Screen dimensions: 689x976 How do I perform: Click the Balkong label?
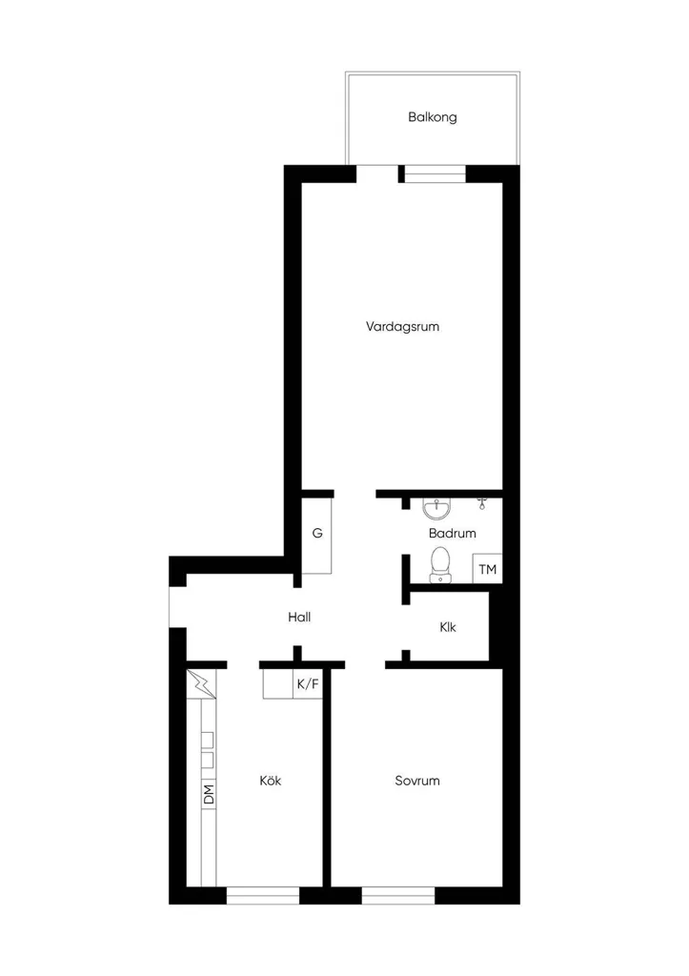[432, 117]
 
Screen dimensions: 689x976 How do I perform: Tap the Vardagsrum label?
[403, 326]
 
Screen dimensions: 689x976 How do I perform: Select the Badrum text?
[453, 533]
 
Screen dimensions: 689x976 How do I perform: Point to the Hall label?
[299, 617]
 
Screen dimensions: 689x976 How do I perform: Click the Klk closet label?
[448, 627]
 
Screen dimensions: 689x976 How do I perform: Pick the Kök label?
[271, 780]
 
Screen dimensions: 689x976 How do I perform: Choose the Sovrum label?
[417, 781]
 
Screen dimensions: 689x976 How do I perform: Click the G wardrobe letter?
[317, 533]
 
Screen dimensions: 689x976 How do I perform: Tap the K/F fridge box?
[308, 684]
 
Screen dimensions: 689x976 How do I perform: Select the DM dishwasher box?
[209, 794]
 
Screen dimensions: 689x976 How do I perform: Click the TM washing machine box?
[487, 569]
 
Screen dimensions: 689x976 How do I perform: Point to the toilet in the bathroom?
[440, 564]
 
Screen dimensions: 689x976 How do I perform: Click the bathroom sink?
[436, 509]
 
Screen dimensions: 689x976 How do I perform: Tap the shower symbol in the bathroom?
[482, 503]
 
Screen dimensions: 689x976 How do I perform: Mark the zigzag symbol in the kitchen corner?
[202, 684]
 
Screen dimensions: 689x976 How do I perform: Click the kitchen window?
[263, 895]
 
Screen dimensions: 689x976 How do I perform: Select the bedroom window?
[398, 895]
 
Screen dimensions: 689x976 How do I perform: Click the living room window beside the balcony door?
[436, 173]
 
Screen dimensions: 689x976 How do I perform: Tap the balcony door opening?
[377, 173]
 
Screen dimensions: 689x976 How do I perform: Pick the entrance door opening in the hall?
[177, 607]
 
